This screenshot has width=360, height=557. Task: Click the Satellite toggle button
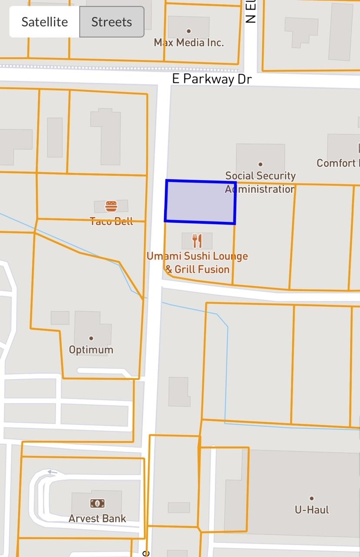44,22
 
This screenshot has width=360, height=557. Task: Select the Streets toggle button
112,22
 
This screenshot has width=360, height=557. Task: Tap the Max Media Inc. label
189,43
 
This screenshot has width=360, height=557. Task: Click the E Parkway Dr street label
212,79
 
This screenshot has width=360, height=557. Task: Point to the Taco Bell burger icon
111,206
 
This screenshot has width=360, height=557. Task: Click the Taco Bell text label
111,221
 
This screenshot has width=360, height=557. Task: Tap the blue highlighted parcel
200,202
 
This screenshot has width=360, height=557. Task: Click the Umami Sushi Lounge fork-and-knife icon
197,241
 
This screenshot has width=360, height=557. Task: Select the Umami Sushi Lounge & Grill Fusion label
197,262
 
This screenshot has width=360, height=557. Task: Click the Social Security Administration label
260,182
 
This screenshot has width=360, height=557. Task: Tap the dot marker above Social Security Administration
260,164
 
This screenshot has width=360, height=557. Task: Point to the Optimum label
91,350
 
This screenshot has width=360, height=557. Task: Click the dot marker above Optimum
91,338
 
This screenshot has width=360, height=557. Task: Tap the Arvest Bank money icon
97,503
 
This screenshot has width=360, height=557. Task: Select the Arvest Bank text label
97,518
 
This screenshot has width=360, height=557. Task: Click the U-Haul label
312,510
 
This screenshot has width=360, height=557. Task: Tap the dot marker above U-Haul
312,498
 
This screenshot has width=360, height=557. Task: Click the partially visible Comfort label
337,163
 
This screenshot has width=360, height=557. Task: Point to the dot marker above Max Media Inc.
189,31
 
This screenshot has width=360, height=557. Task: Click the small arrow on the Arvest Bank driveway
53,472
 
